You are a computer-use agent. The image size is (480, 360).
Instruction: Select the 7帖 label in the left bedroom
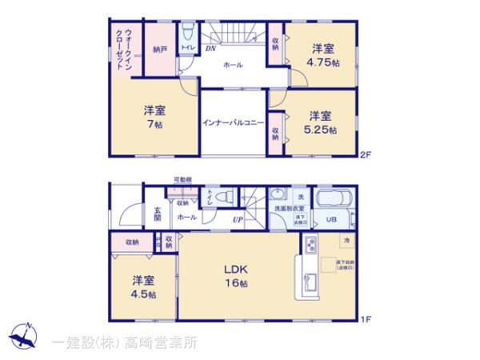pyautogui.click(x=154, y=124)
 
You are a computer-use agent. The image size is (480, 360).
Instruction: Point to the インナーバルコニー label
pyautogui.click(x=233, y=122)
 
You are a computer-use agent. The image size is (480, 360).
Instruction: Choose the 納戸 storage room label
pyautogui.click(x=159, y=50)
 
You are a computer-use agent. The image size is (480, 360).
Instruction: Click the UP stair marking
pyautogui.click(x=238, y=219)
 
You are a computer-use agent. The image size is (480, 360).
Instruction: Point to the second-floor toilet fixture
pyautogui.click(x=186, y=33)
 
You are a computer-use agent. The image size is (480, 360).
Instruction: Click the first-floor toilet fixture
pyautogui.click(x=224, y=197)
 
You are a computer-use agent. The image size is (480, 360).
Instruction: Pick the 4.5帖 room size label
pyautogui.click(x=145, y=294)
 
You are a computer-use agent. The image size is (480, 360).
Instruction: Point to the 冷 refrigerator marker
pyautogui.click(x=346, y=240)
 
